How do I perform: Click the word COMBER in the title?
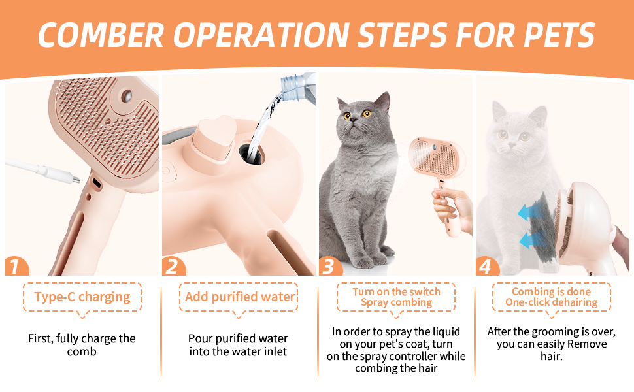[101, 35]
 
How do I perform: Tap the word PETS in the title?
[559, 35]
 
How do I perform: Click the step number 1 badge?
[16, 267]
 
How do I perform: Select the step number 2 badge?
[173, 267]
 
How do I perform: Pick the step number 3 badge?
[330, 267]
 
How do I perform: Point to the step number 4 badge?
[487, 267]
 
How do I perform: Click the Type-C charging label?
[82, 297]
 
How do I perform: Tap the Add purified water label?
[240, 297]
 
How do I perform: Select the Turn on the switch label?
[396, 292]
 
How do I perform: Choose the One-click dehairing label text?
[552, 302]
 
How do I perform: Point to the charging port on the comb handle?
[97, 183]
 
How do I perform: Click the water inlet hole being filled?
[252, 154]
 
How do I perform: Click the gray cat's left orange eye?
[347, 116]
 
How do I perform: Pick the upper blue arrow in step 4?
[527, 213]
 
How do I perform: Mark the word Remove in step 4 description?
[587, 344]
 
